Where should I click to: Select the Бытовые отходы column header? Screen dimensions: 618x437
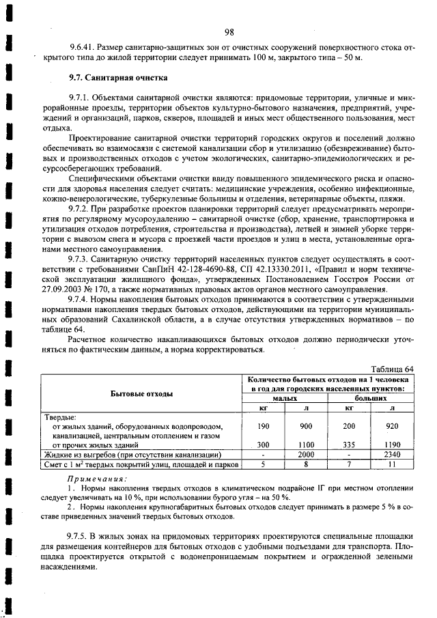(x=141, y=393)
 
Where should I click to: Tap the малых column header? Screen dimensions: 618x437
(x=285, y=397)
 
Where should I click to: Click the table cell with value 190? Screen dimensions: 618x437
(x=263, y=425)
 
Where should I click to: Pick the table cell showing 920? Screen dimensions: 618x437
(x=392, y=425)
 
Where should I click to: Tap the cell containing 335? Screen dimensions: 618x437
(x=349, y=445)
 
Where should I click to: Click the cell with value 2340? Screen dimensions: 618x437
(x=392, y=454)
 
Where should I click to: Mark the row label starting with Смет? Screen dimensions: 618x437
(x=141, y=464)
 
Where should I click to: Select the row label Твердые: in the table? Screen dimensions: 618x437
(x=61, y=416)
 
